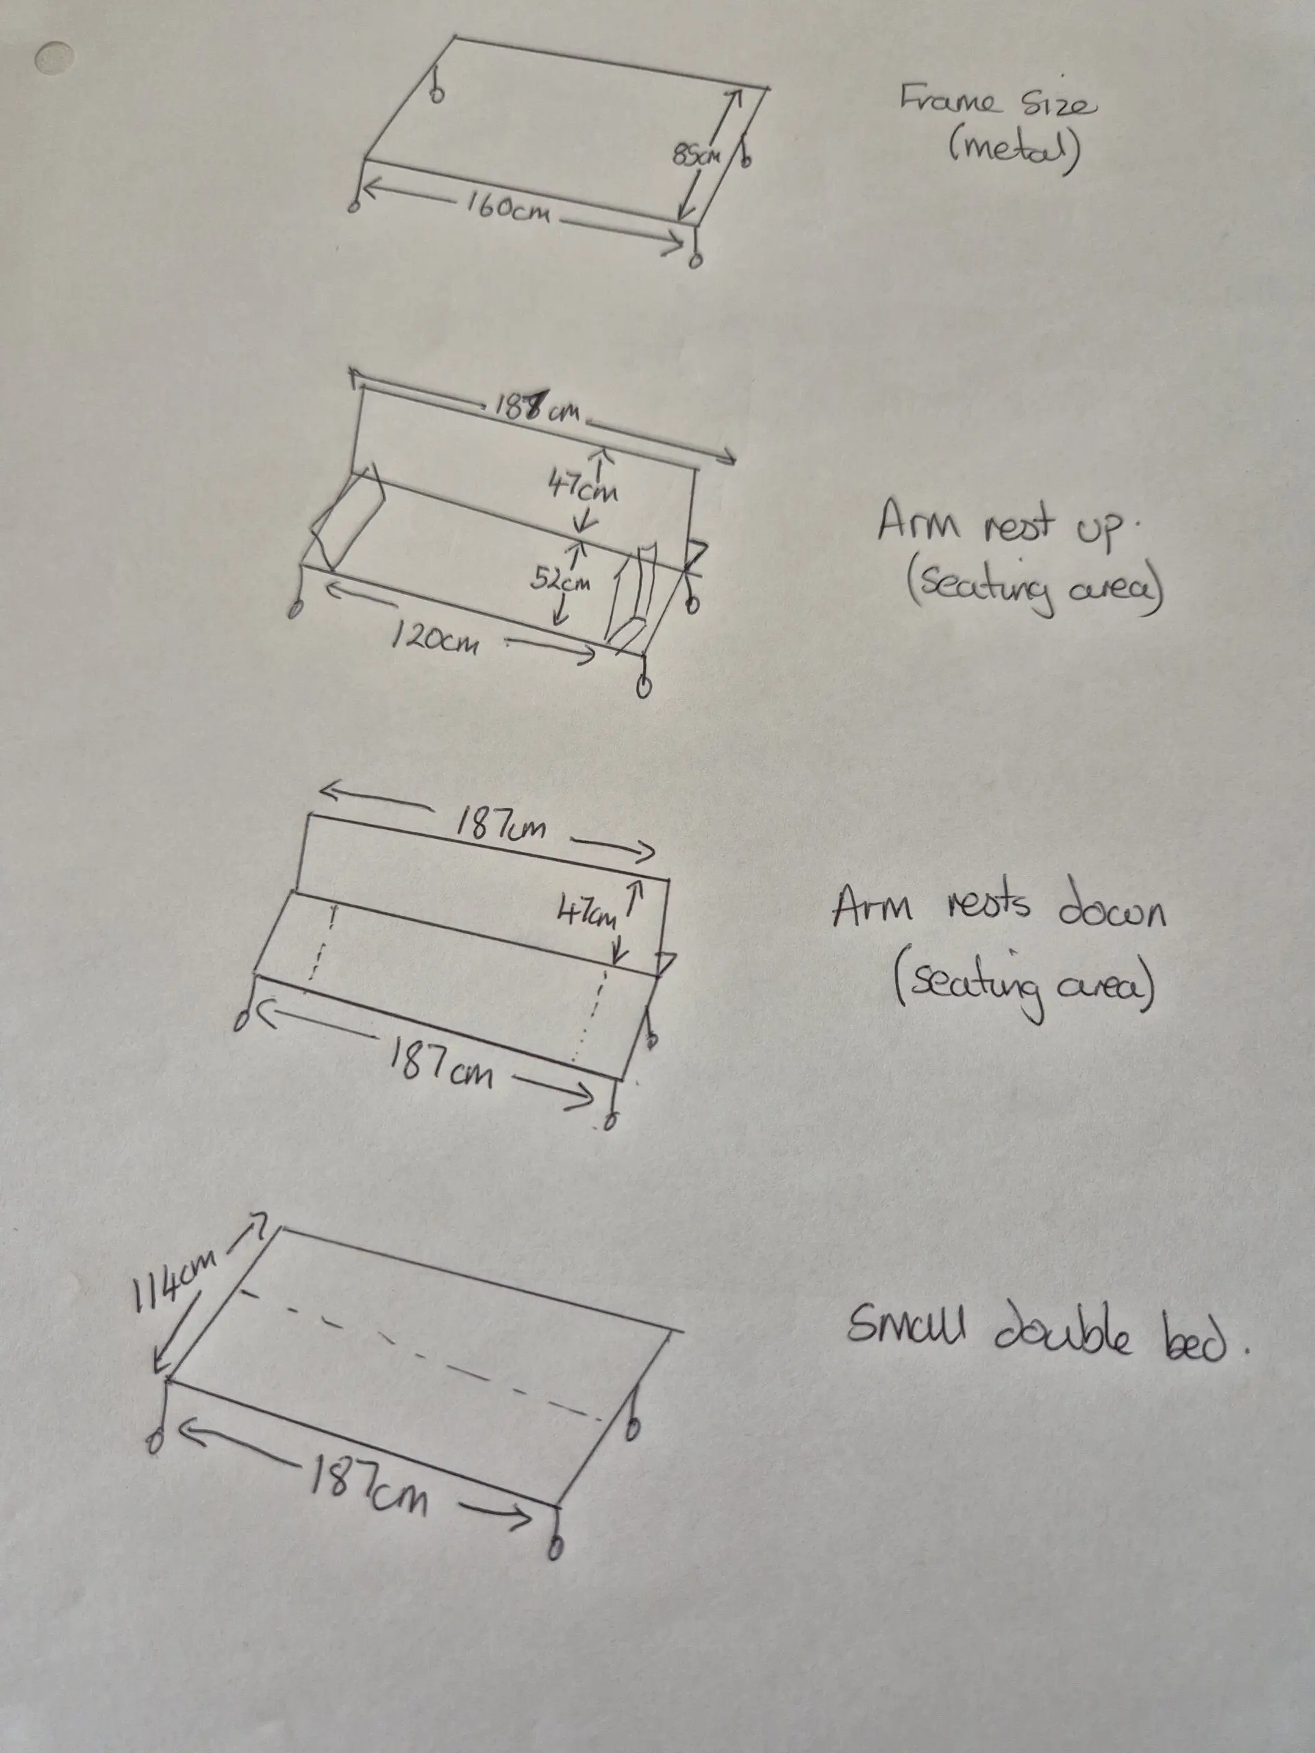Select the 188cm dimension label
pos(536,407)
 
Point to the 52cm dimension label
pos(560,580)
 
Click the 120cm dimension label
pos(434,637)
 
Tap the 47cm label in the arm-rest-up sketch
pos(584,485)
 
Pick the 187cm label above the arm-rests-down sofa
pos(500,825)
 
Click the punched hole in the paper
pos(55,57)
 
